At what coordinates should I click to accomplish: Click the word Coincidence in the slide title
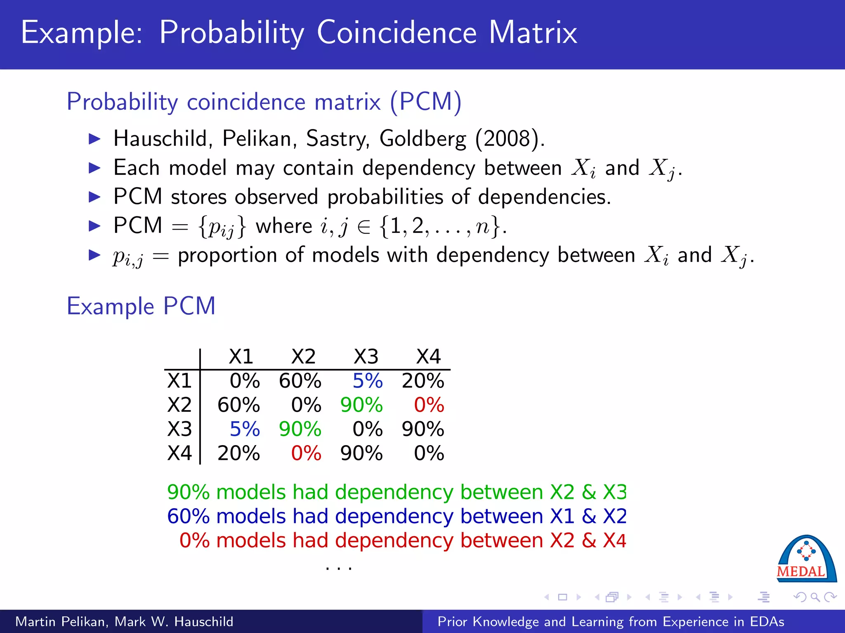click(x=397, y=33)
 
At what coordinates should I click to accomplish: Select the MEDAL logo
click(x=806, y=560)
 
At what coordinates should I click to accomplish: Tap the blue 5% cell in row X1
click(x=367, y=381)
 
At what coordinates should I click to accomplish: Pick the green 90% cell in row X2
click(x=361, y=405)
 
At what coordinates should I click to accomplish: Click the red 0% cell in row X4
click(x=306, y=453)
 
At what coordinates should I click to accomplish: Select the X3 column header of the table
click(x=366, y=356)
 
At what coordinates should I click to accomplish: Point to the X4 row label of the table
click(x=179, y=453)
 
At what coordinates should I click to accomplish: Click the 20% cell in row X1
click(x=423, y=381)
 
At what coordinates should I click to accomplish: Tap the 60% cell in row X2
click(x=238, y=405)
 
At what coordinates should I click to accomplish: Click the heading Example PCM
click(x=141, y=306)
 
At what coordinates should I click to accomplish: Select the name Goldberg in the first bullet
click(x=422, y=139)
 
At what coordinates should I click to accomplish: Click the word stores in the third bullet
click(x=198, y=197)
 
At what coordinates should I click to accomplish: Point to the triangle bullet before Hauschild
click(x=95, y=139)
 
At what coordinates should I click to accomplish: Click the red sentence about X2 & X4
click(x=403, y=540)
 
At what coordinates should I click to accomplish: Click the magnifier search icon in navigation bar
click(x=815, y=597)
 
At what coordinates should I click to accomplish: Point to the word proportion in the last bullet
click(x=227, y=256)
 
